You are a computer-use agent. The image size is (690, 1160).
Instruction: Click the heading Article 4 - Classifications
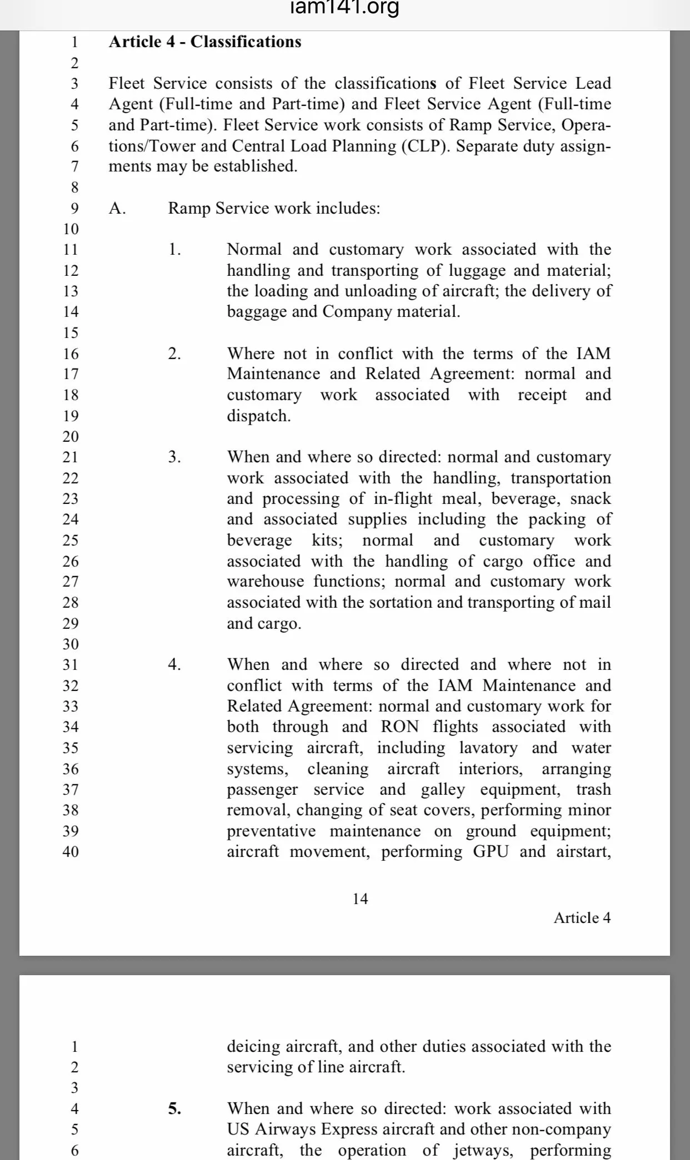204,42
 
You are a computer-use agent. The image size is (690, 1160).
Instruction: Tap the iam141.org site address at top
344,8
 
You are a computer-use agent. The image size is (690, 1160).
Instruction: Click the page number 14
360,899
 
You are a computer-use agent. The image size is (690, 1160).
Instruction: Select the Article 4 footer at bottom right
582,918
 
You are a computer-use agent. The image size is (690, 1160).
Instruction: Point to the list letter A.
117,208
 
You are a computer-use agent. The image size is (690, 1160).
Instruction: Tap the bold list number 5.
174,1109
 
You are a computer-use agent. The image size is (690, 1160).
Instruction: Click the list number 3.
174,457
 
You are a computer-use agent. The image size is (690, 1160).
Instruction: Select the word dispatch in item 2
258,416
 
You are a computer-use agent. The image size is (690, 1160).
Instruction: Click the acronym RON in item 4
400,727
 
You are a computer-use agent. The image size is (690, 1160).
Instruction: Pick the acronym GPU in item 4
491,851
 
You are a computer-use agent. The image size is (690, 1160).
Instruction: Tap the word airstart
583,851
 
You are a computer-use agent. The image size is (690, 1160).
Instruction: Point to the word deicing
254,1047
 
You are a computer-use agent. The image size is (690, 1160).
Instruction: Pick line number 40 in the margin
71,851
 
